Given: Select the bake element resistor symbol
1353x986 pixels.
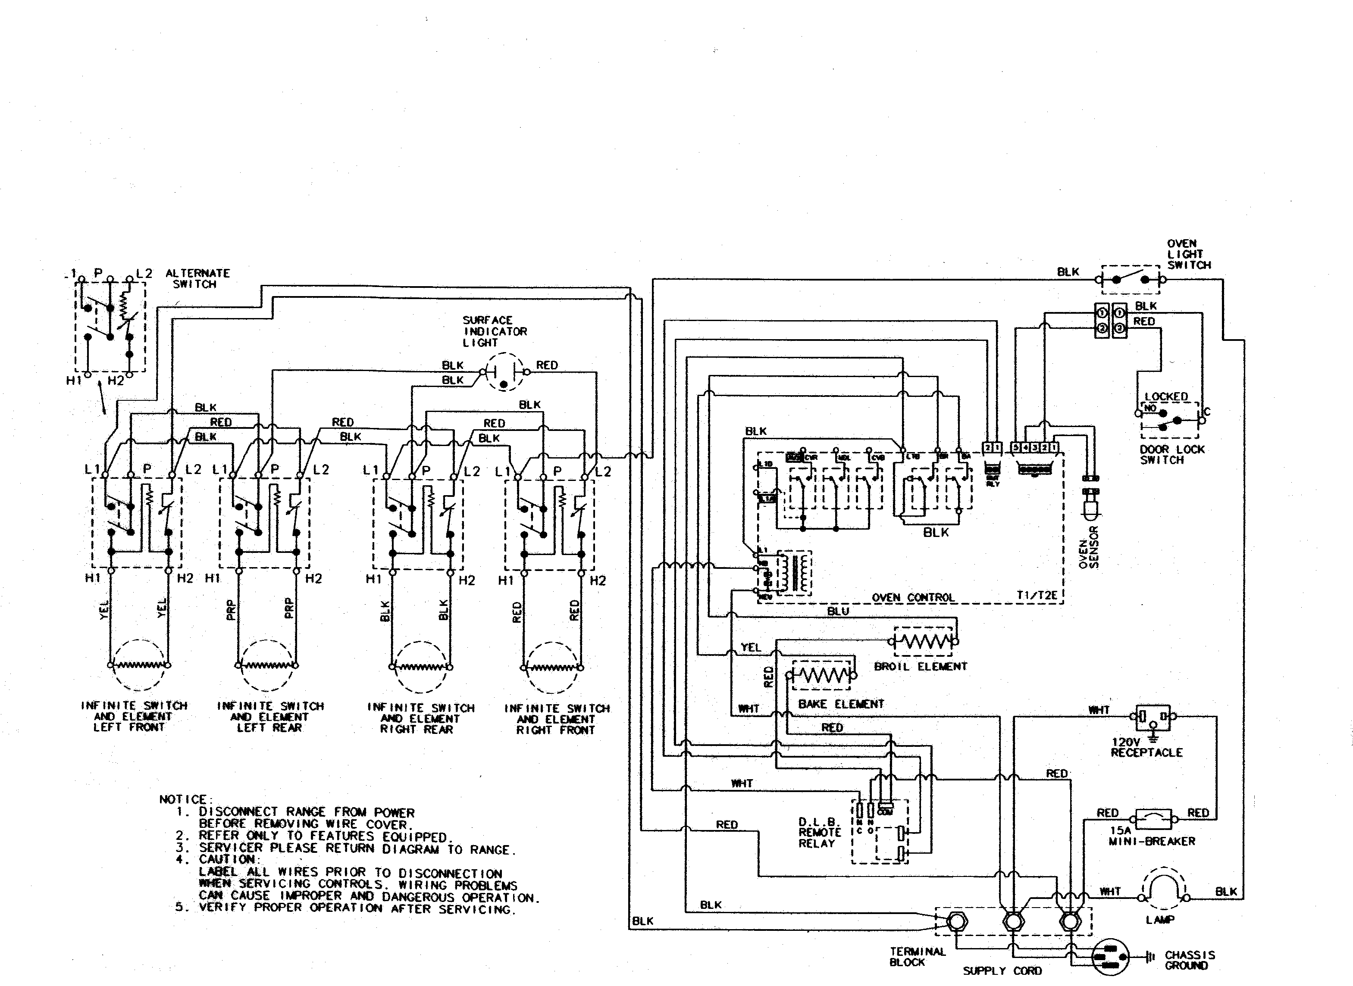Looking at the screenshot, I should click(822, 676).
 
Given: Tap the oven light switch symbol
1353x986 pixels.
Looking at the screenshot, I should click(1130, 279).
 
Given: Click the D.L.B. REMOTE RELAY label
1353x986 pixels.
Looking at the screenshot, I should click(819, 833).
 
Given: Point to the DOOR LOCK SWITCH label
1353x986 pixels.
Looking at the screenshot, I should click(1171, 455).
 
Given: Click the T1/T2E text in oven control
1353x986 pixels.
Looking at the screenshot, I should click(1037, 596).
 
